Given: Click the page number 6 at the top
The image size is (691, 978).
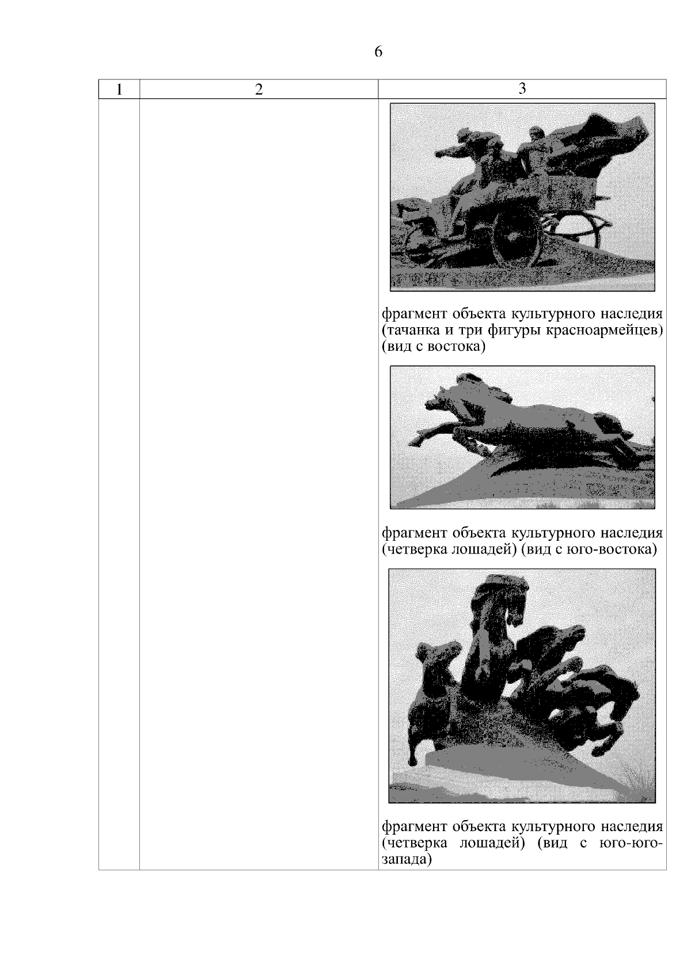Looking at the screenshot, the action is [x=378, y=51].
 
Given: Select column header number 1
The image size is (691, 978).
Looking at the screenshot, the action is [x=119, y=89].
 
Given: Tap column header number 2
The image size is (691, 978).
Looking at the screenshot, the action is [x=259, y=89].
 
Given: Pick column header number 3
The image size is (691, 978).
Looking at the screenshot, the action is [x=522, y=89].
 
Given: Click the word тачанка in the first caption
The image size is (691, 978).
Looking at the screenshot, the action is [x=410, y=330].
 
